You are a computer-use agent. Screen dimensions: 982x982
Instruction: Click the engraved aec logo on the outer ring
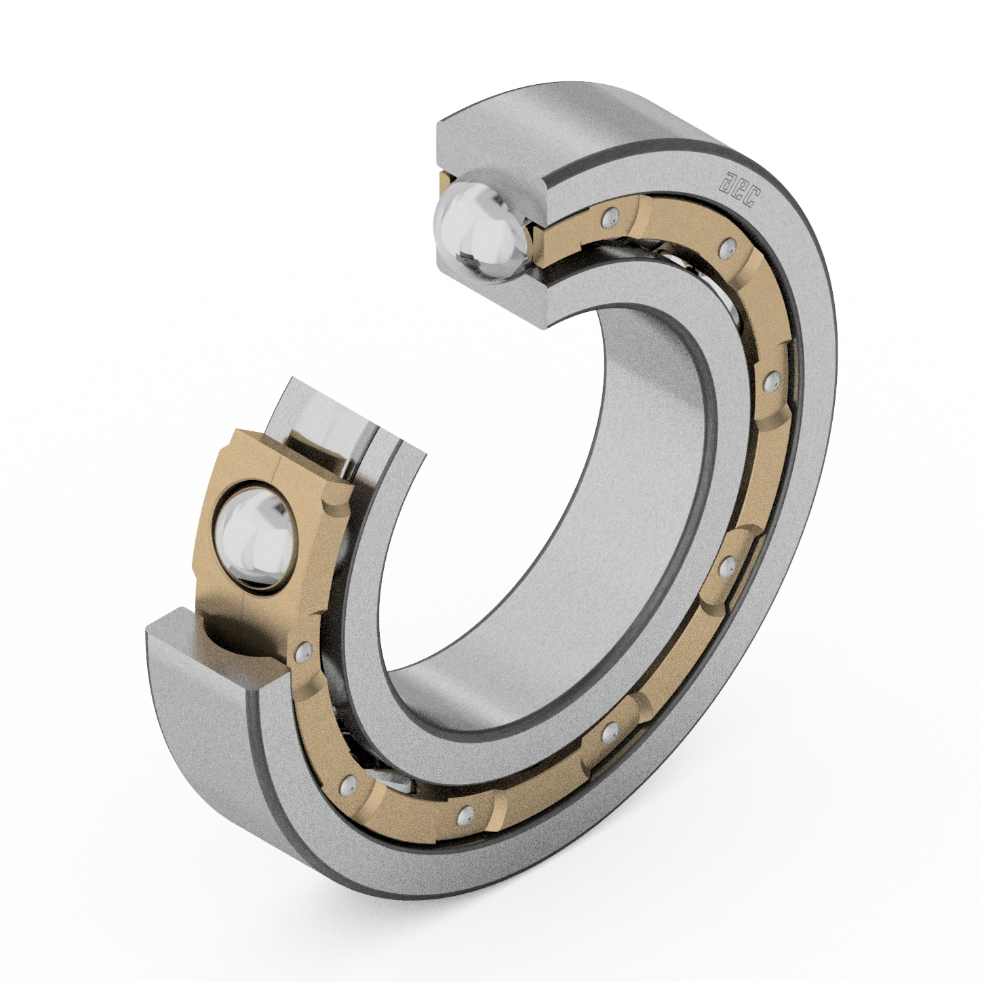[740, 189]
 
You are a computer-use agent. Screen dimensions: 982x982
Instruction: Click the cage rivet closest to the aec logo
[728, 247]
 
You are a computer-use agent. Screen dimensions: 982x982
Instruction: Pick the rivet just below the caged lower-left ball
[302, 652]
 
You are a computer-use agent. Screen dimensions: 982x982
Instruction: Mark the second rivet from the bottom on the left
[349, 785]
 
